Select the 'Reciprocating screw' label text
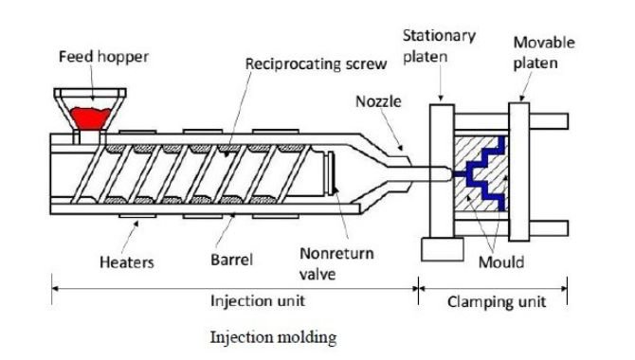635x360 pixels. (x=302, y=64)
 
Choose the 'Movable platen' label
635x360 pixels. (x=541, y=52)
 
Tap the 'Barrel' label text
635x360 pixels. (x=231, y=257)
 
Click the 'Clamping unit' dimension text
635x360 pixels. (x=494, y=301)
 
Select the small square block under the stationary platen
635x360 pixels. (x=434, y=249)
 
